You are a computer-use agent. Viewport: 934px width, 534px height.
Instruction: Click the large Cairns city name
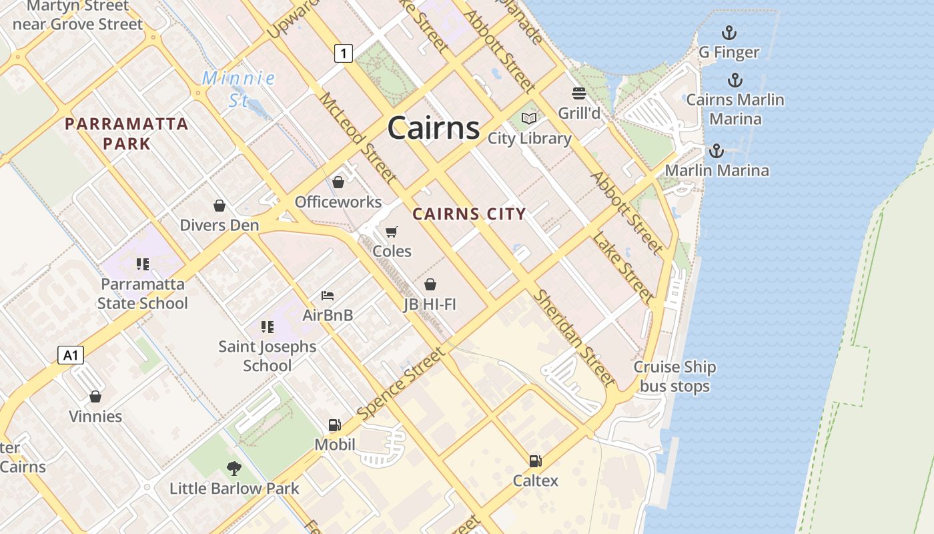pos(433,127)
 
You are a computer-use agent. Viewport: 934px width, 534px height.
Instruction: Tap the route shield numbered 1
pos(343,53)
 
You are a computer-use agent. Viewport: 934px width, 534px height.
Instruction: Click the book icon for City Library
pos(529,119)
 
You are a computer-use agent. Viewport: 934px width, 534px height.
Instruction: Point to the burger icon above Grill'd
pos(578,93)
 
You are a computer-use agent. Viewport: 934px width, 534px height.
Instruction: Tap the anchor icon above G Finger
pos(729,33)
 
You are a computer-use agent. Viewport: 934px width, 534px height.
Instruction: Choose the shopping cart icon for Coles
pos(392,232)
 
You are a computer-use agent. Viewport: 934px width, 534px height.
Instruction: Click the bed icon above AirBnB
pos(328,295)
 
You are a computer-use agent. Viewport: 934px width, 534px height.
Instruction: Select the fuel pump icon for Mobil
pos(334,425)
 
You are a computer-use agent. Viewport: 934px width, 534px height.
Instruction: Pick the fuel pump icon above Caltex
pos(535,461)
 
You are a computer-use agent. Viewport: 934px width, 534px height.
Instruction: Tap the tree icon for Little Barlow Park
pos(233,468)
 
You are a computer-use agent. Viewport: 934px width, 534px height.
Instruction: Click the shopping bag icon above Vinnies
pos(95,396)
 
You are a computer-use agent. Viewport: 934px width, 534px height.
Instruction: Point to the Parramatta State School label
pos(143,294)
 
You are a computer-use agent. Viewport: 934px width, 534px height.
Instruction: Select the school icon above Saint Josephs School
pos(268,327)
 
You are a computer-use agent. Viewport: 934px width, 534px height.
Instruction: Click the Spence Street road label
pos(400,383)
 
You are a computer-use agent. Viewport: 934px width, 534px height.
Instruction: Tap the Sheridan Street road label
pos(574,338)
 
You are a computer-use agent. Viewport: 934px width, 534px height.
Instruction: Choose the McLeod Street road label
pos(358,138)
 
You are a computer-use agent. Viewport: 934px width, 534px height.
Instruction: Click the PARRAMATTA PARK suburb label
pos(127,133)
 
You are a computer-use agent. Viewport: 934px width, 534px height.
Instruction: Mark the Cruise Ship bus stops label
pos(674,376)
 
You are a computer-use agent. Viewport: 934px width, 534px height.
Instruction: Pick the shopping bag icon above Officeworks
pos(338,182)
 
